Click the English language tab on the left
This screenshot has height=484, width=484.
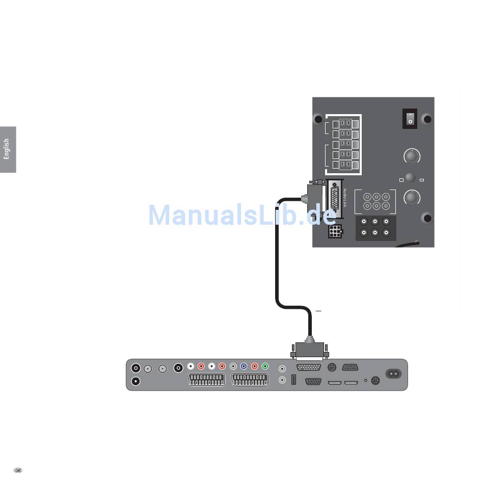(x=7, y=149)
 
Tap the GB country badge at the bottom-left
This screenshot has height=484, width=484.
(x=18, y=470)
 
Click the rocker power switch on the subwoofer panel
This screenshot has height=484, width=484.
(x=410, y=118)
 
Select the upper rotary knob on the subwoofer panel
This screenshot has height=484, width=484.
(x=411, y=156)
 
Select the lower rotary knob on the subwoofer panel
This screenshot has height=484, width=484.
(x=411, y=197)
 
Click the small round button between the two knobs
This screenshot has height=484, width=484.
(x=410, y=178)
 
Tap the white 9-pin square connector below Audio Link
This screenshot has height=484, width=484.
(x=335, y=232)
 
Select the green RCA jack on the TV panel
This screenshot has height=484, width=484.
(x=265, y=366)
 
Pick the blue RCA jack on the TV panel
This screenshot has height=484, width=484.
(x=244, y=366)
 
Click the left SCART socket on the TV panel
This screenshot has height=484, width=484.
(x=207, y=380)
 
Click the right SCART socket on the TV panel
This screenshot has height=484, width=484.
(x=250, y=380)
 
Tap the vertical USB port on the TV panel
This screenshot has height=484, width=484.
(x=294, y=380)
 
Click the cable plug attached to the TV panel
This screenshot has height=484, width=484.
(x=310, y=351)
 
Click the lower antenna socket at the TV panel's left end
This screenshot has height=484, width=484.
(x=136, y=381)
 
